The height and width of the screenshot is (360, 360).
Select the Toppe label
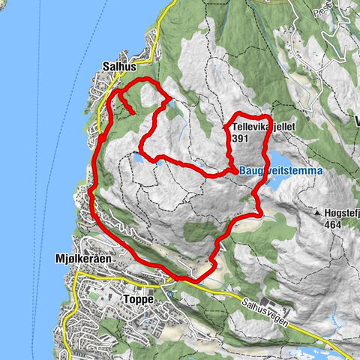tap(137, 298)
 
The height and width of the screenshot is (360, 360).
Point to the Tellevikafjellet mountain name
tap(255, 127)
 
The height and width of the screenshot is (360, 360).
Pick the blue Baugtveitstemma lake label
tap(281, 171)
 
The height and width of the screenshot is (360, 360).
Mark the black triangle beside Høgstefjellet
tap(318, 212)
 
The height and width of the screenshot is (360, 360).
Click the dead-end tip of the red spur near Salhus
tap(133, 113)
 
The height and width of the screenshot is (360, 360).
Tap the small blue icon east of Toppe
tap(171, 294)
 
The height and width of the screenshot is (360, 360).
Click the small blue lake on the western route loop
tap(139, 158)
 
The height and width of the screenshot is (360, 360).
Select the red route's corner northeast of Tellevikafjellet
tap(268, 118)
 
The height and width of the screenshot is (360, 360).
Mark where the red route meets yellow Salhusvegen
tap(180, 280)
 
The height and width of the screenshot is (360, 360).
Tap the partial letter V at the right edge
tap(357, 121)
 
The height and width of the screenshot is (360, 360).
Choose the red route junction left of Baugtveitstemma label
tap(229, 172)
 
